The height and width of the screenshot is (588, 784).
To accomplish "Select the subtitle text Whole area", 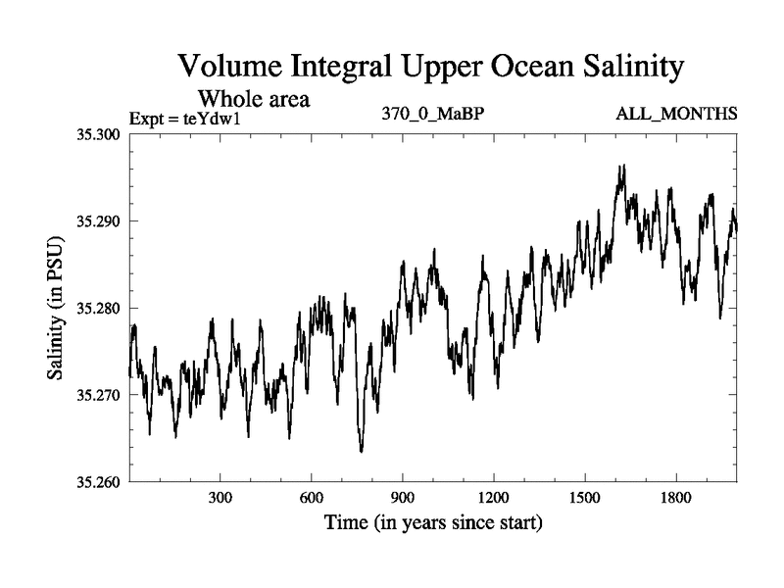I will [254, 99].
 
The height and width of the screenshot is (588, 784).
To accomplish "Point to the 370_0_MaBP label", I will [433, 115].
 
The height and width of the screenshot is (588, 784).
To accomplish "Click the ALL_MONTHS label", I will [676, 115].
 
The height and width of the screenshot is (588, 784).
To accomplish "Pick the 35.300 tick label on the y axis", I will [99, 133].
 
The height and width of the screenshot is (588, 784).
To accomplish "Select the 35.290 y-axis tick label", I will [99, 220].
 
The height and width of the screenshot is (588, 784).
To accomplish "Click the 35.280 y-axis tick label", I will [99, 308].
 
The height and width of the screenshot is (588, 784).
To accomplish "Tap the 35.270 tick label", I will [99, 395].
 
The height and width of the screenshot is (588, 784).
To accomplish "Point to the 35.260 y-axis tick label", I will [99, 482].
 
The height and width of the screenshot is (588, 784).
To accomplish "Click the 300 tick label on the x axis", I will [220, 499].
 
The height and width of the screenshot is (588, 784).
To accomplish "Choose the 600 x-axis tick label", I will [312, 499].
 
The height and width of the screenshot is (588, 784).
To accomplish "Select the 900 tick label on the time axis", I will [403, 499].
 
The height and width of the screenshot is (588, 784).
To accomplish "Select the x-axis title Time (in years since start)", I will [433, 523].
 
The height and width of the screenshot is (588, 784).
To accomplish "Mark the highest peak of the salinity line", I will [621, 166].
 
